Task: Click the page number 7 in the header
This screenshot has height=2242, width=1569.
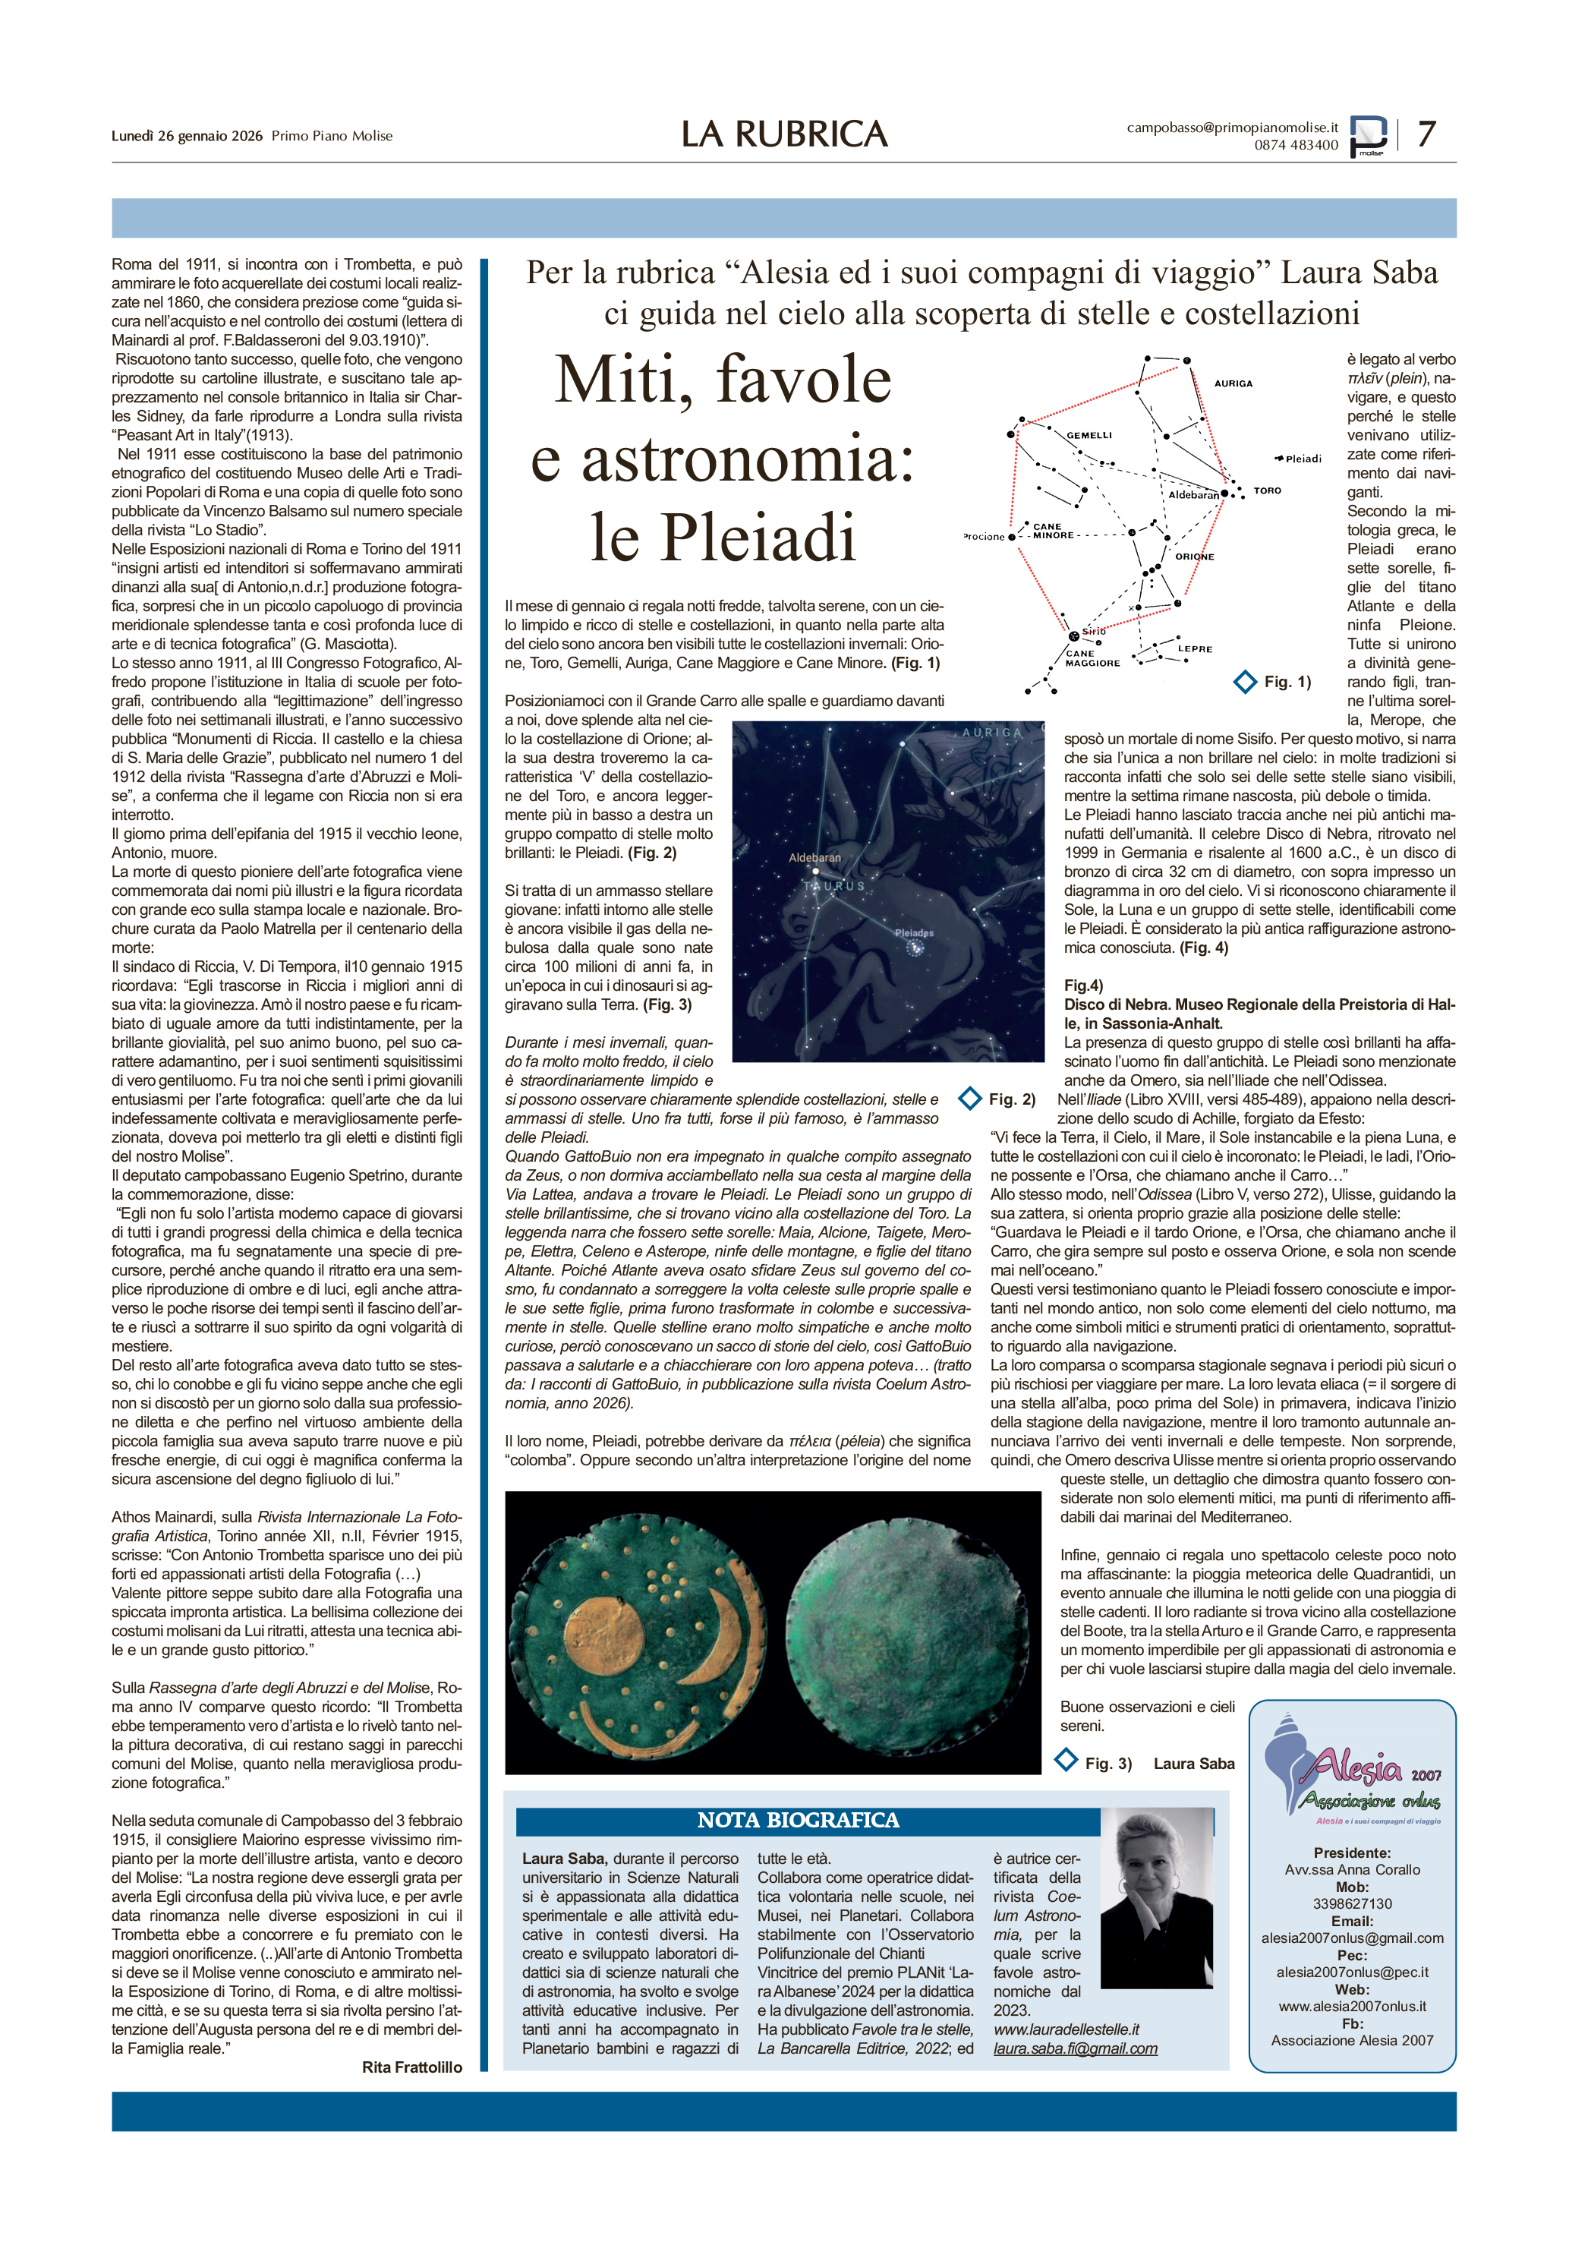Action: point(1426,134)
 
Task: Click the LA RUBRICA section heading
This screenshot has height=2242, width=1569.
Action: point(784,134)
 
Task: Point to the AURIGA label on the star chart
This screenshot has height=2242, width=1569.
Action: point(1233,383)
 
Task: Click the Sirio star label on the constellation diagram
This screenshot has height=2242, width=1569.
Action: point(1094,631)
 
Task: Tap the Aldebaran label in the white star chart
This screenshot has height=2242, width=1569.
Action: point(1193,495)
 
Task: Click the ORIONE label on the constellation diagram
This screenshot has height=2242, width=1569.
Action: point(1194,557)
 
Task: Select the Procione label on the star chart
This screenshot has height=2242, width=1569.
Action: point(985,536)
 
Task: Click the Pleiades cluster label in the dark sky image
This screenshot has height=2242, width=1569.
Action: point(914,932)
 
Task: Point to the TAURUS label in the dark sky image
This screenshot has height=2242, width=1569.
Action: point(835,886)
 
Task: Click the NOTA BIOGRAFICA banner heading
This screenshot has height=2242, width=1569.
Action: point(798,1820)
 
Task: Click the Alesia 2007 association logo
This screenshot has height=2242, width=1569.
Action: point(1352,1771)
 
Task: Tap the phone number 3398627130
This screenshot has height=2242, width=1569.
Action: point(1352,1903)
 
